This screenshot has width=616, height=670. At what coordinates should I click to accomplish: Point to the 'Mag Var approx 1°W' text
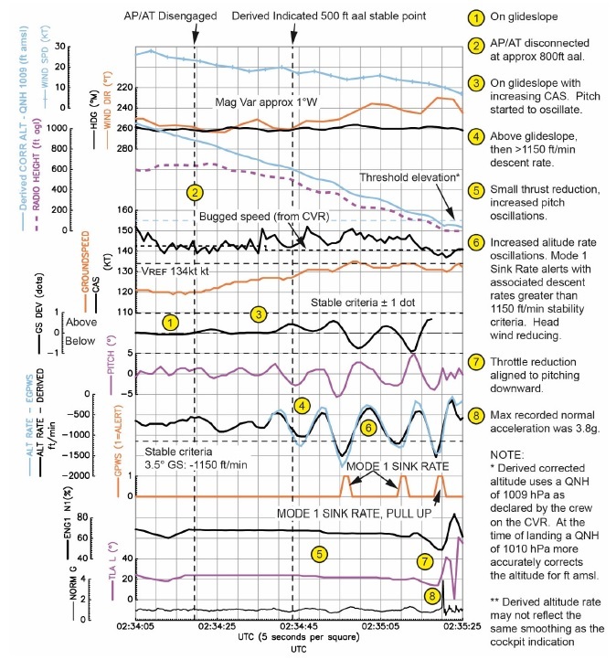click(266, 102)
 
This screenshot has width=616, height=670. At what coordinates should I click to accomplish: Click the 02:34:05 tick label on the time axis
click(134, 627)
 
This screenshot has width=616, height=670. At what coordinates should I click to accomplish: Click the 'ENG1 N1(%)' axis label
click(94, 537)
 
